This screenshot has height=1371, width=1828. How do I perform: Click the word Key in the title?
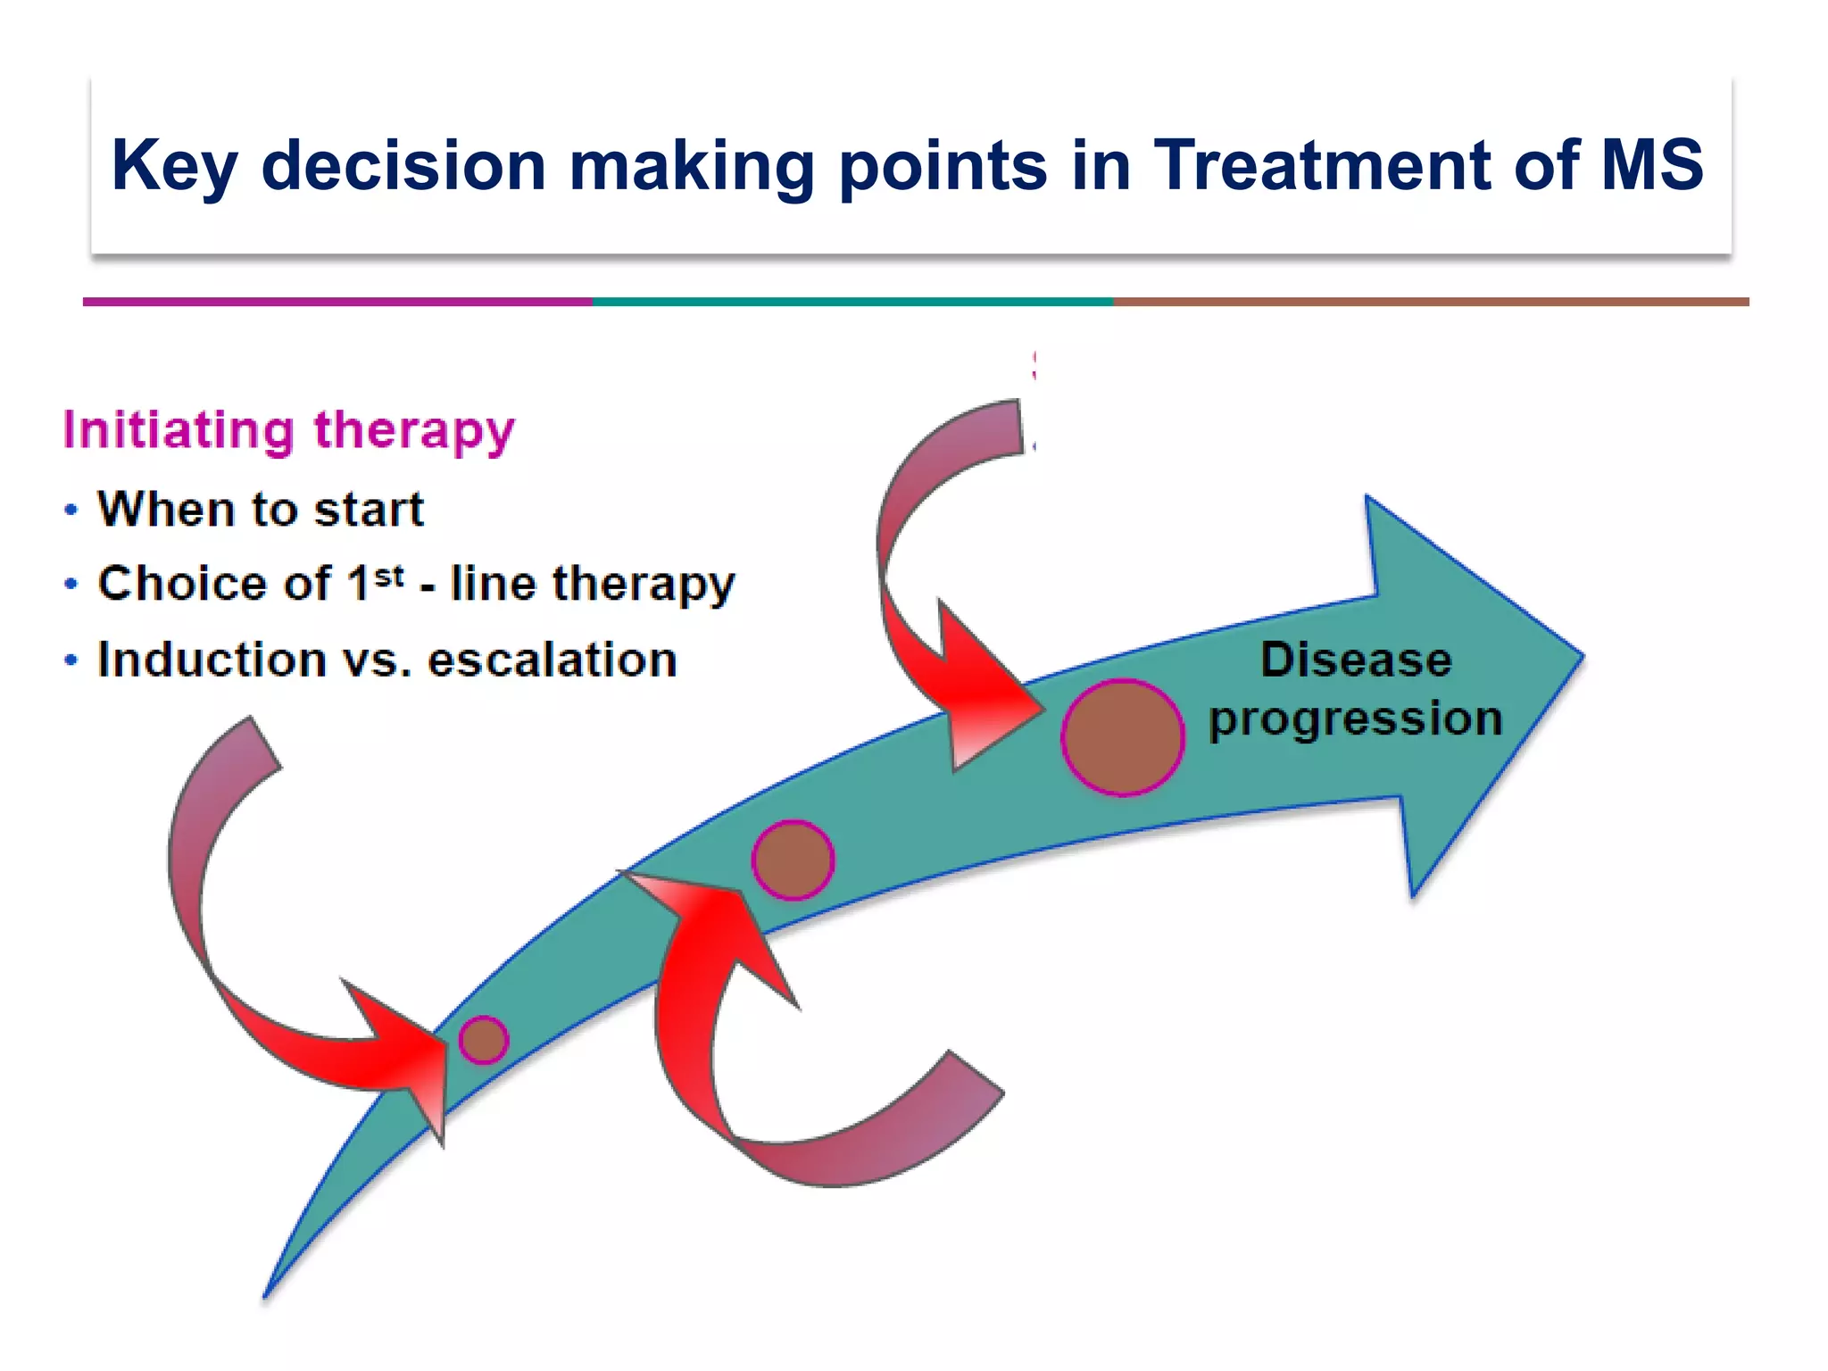[174, 166]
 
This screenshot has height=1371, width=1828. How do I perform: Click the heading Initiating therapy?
[289, 430]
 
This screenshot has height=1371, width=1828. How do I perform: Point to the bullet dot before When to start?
[71, 511]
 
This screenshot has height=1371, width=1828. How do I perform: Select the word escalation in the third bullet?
[552, 661]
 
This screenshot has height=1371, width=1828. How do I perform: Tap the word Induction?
[212, 661]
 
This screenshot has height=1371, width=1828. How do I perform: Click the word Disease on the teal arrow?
[1355, 661]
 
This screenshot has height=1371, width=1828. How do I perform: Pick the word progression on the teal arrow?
[1355, 719]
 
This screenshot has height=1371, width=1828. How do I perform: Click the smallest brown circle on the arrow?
[484, 1040]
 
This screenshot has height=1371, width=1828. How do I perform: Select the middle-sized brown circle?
[793, 860]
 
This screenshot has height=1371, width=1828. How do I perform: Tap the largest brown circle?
[1123, 737]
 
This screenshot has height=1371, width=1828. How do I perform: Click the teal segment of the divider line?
[852, 302]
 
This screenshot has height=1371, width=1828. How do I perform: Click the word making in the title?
[692, 166]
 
